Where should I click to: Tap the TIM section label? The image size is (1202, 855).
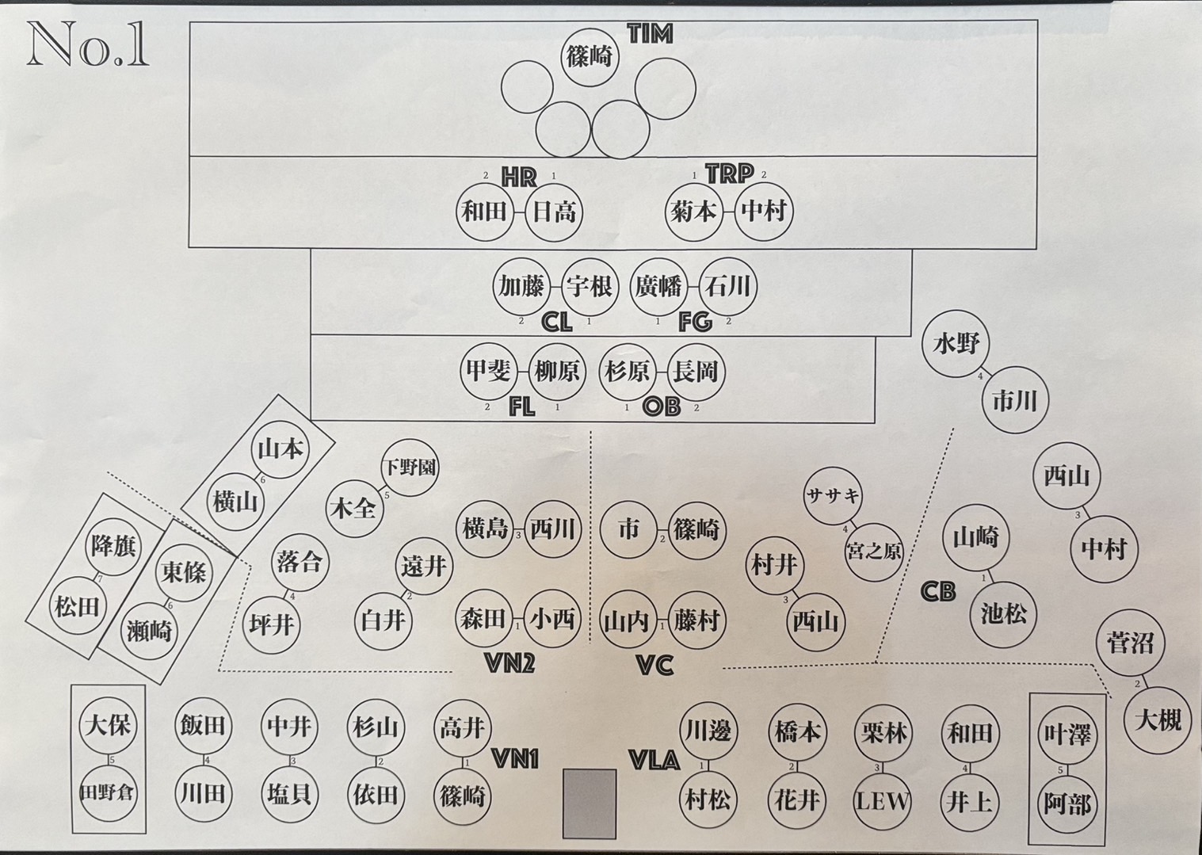point(650,34)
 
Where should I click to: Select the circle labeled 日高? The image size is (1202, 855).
point(554,212)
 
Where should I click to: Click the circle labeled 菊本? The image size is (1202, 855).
point(693,212)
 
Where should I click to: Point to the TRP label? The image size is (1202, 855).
point(729,174)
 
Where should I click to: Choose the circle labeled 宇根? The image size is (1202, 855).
point(590,286)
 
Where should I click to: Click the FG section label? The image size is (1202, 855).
point(695,322)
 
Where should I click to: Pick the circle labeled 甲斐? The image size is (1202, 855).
point(487,371)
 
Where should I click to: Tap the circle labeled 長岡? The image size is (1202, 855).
point(695,371)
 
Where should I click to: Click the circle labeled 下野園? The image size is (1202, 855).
point(409,468)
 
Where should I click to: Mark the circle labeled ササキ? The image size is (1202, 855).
point(833,496)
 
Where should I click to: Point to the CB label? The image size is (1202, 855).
point(938,591)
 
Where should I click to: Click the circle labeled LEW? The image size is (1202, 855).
point(883,800)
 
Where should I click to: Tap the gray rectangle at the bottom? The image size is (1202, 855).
point(590,803)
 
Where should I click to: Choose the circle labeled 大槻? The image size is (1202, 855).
point(1158,719)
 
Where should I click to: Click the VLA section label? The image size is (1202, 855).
point(654,761)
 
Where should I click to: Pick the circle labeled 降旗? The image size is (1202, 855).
point(114,547)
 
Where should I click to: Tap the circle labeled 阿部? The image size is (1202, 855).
point(1067,803)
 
